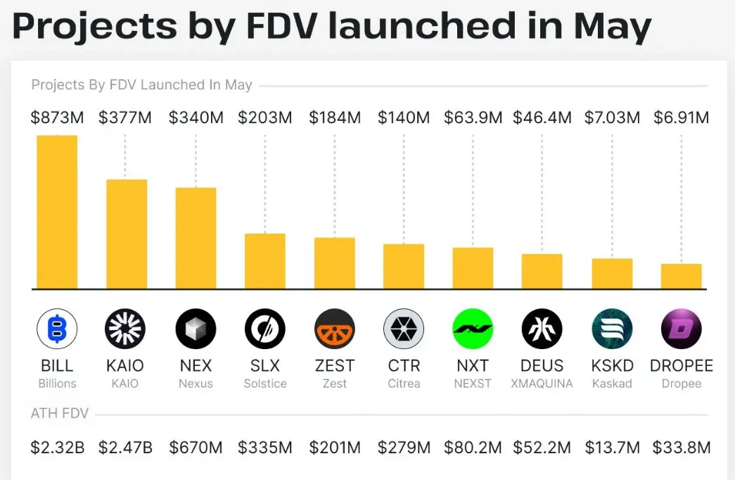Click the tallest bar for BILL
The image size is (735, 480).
[57, 212]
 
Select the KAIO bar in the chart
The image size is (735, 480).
[127, 234]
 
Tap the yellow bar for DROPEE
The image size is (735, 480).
[682, 277]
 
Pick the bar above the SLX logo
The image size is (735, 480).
[265, 261]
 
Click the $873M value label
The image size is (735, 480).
[57, 118]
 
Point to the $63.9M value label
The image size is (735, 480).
[473, 118]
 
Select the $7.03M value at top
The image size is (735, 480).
[612, 118]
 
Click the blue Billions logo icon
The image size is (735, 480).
[57, 329]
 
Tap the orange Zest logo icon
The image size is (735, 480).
[335, 329]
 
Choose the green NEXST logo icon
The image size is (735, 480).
[473, 329]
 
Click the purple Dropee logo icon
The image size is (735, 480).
[682, 329]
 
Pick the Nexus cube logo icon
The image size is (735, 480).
[196, 329]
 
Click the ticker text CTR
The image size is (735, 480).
[404, 365]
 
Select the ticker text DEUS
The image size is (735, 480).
[542, 365]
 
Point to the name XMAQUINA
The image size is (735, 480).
[542, 384]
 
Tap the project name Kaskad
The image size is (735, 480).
[612, 384]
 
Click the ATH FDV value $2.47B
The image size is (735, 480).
[126, 448]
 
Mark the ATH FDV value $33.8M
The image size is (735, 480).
[682, 448]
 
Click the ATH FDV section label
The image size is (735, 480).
[60, 413]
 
